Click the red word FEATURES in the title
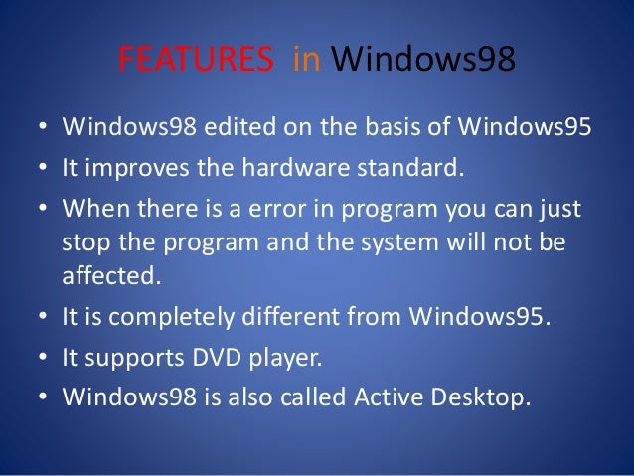pos(196,61)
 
